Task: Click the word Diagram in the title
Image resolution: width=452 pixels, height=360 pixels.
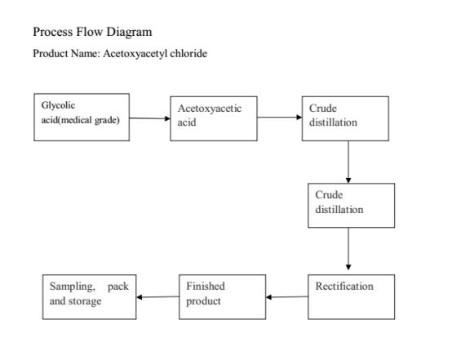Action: click(128, 32)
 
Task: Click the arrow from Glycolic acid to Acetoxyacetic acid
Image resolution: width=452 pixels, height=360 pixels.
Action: click(149, 118)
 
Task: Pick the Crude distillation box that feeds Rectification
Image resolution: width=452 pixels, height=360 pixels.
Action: click(354, 204)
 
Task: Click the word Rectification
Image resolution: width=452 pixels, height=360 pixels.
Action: click(344, 287)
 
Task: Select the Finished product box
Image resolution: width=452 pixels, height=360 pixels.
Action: click(222, 296)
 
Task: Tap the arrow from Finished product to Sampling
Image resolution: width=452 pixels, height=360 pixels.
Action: click(157, 296)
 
